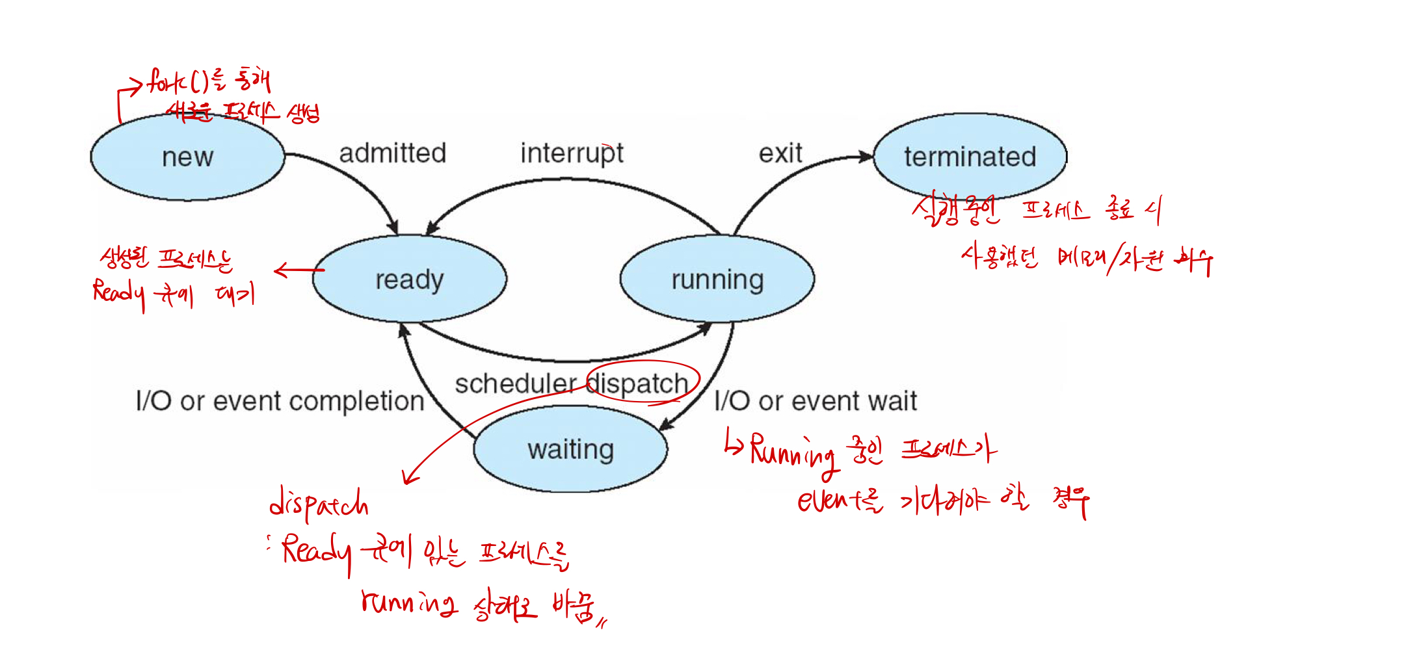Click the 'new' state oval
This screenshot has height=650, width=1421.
click(x=187, y=157)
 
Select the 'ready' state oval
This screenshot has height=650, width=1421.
click(x=409, y=279)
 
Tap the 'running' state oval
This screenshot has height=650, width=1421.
click(x=717, y=279)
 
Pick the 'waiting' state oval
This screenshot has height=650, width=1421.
click(x=570, y=449)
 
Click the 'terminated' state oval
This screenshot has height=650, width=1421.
click(x=969, y=157)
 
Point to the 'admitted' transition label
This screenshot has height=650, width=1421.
click(x=392, y=153)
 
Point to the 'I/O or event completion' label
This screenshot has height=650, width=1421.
click(x=280, y=401)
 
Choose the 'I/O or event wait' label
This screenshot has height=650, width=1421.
click(x=815, y=401)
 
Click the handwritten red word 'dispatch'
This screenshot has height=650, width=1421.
click(x=319, y=504)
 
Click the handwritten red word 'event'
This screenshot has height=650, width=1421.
click(x=825, y=500)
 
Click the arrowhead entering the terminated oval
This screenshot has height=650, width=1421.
click(x=865, y=157)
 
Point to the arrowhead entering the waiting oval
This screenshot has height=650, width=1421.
click(x=665, y=426)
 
